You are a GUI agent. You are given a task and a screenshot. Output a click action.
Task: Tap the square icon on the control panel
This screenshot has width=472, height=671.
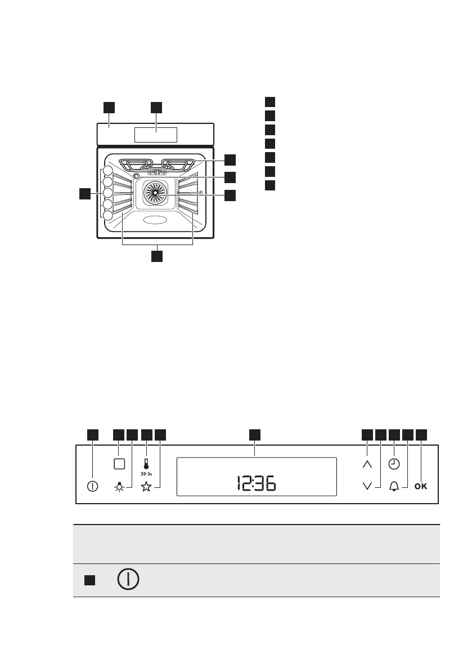click(119, 465)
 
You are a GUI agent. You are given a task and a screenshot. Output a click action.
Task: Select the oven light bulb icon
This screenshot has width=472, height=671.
click(119, 487)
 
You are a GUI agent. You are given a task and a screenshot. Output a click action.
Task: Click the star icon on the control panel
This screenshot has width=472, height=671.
click(146, 487)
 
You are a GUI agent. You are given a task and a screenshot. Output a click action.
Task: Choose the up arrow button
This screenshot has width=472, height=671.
click(367, 465)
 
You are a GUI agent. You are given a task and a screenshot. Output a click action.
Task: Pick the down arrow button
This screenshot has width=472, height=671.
click(367, 486)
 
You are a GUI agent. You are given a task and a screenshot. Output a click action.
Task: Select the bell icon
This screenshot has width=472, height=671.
click(394, 486)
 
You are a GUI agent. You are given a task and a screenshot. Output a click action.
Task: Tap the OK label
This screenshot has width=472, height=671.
click(421, 486)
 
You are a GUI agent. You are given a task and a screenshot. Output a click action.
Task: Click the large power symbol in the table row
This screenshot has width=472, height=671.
click(129, 580)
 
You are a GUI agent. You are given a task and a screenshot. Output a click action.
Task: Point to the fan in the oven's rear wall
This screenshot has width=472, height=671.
click(155, 192)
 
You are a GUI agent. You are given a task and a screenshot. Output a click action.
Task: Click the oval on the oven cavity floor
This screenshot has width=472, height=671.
click(155, 220)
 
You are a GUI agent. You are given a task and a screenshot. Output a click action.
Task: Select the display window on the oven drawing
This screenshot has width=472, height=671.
click(156, 135)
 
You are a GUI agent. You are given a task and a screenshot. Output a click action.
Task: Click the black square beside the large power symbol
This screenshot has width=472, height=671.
click(89, 580)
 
